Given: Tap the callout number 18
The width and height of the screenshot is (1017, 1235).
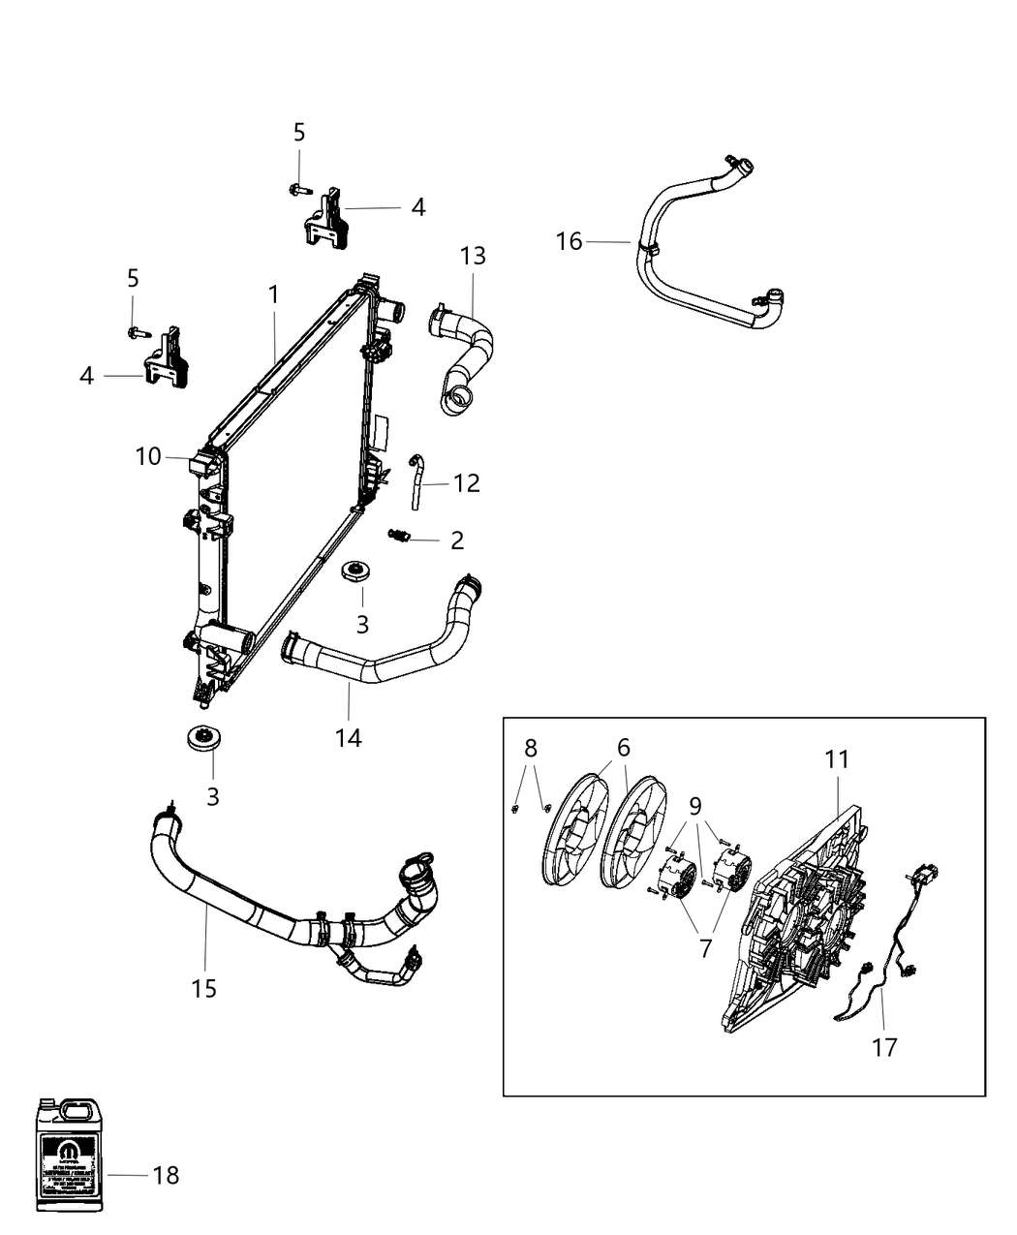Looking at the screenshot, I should tap(166, 1175).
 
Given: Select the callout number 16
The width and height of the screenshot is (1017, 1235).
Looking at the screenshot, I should tap(569, 241).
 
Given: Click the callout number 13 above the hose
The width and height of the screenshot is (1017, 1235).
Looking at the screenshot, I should tap(473, 256).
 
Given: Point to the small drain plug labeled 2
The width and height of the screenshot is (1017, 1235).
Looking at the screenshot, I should tap(399, 536).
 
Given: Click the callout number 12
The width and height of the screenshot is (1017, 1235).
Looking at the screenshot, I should tap(466, 482).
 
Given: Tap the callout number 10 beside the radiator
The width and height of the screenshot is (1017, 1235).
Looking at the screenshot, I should tap(148, 456).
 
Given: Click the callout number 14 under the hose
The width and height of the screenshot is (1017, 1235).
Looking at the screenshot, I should tap(348, 737).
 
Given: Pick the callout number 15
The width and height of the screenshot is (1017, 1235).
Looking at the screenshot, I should tap(203, 988).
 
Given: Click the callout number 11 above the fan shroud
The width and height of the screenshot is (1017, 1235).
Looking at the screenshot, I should tap(837, 759).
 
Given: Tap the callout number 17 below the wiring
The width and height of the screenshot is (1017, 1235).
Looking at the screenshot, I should tap(884, 1047).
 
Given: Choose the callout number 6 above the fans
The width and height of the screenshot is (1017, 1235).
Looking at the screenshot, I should tap(623, 747).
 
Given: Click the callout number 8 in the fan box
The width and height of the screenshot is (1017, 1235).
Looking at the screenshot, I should tap(530, 747).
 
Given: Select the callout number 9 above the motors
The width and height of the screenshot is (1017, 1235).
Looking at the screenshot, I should tap(695, 804).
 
